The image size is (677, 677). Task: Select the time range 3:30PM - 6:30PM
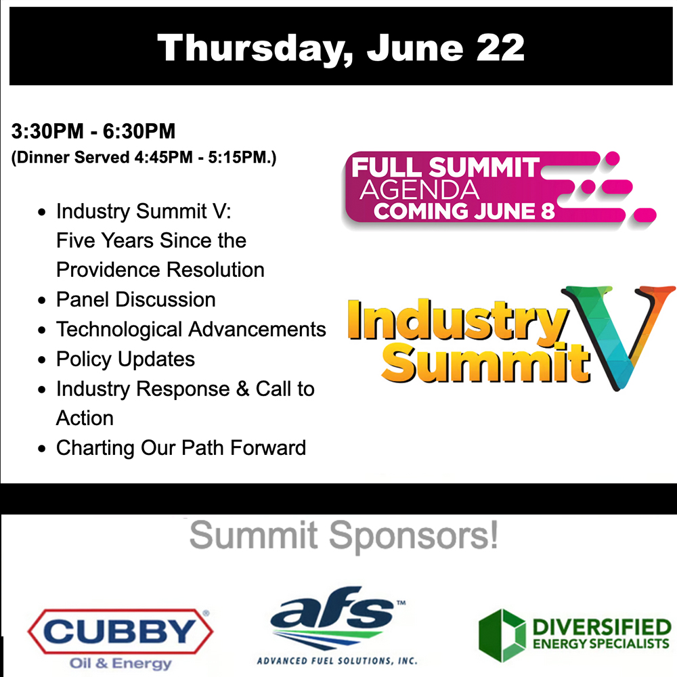(93, 130)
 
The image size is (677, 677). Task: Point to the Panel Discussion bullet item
(135, 299)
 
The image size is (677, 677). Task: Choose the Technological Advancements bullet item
(191, 329)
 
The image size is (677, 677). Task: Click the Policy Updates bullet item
(125, 359)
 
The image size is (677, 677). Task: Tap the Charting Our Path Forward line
(181, 447)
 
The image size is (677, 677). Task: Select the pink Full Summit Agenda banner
(474, 186)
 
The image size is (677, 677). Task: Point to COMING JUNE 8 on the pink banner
(464, 211)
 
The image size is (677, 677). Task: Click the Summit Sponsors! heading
(343, 536)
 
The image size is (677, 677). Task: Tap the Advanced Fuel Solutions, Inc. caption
(336, 660)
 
